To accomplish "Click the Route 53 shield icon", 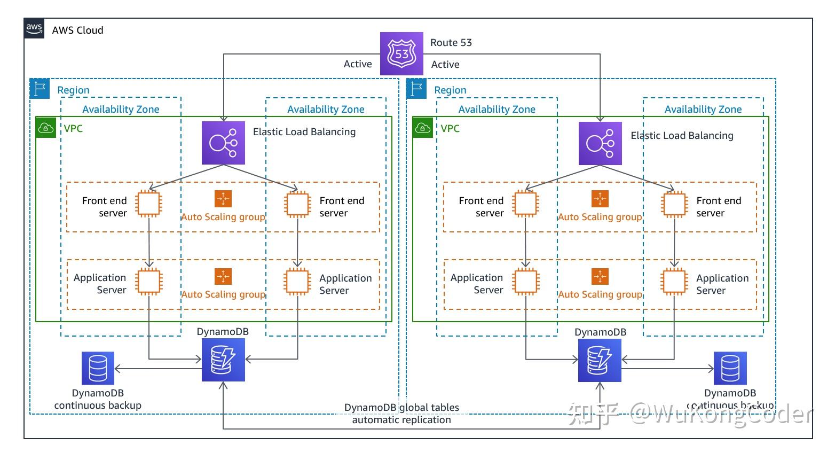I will point(401,53).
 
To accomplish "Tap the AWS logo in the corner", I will point(34,28).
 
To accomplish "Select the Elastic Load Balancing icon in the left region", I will point(223,143).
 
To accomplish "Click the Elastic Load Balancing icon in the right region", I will point(600,143).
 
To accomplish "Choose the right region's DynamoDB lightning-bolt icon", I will point(600,360).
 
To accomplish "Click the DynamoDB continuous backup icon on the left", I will point(98,368).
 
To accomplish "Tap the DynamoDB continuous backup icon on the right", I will point(730,368).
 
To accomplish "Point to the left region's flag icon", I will point(40,89).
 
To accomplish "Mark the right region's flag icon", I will point(416,89).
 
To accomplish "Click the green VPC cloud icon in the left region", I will point(46,128).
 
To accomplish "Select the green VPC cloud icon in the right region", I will point(423,128).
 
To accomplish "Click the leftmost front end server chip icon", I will point(148,204).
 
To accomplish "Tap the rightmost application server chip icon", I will point(674,282).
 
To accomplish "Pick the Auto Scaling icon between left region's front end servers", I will point(223,199).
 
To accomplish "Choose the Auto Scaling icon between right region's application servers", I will point(600,277).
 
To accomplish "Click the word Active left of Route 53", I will point(358,64).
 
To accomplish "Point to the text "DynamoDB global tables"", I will point(401,408).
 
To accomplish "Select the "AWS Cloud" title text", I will point(77,30).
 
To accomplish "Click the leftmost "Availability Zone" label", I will point(121,110).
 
